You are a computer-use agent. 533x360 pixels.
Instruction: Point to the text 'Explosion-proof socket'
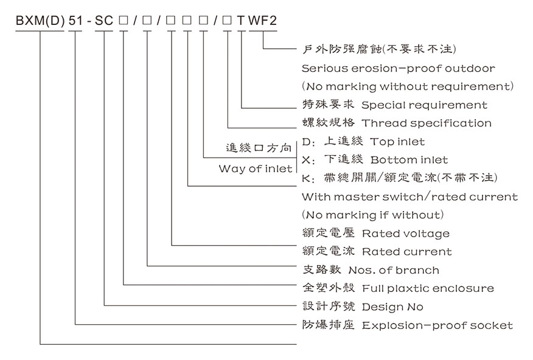pos(437,325)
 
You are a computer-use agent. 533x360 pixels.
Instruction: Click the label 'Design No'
pos(392,306)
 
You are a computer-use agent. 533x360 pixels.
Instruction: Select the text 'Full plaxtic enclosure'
pos(427,288)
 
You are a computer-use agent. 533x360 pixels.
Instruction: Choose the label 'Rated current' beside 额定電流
pos(406,251)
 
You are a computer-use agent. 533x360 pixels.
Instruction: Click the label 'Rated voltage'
pos(405,234)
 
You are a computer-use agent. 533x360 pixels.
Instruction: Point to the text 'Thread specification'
pos(427,123)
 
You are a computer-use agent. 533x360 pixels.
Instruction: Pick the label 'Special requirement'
pos(424,105)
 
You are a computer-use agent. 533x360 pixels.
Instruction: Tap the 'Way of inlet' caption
pos(256,169)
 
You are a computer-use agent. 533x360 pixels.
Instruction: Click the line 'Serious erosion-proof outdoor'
pos(398,68)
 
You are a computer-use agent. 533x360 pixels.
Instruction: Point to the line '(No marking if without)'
pos(372,215)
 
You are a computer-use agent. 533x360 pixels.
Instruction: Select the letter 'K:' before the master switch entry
pos(307,178)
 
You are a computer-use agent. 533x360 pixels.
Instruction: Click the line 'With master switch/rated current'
pos(409,196)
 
